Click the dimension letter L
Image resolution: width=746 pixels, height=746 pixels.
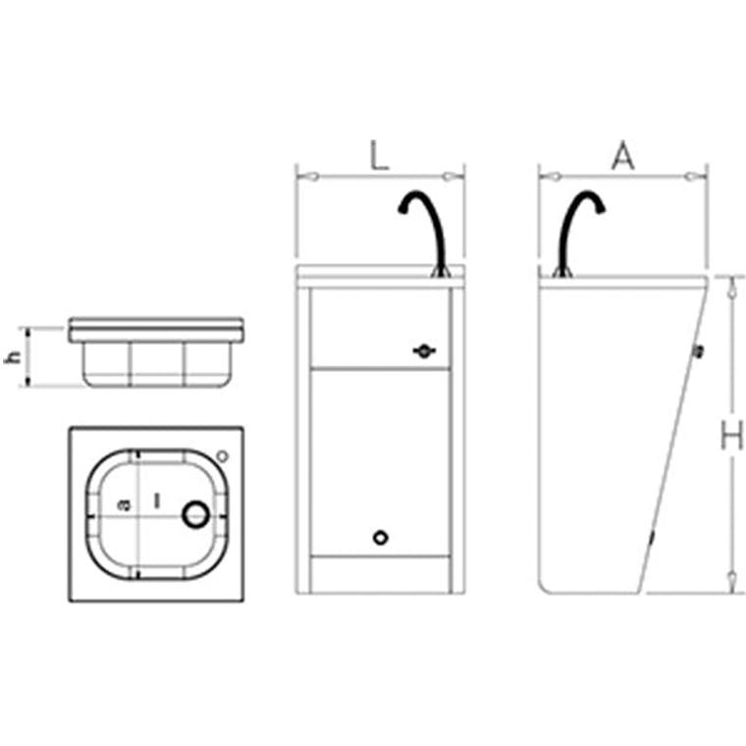click(379, 155)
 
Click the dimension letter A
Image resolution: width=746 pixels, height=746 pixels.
click(622, 155)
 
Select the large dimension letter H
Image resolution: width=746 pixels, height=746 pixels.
click(731, 435)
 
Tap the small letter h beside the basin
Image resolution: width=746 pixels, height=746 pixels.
click(13, 357)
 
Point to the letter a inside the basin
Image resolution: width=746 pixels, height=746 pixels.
click(124, 505)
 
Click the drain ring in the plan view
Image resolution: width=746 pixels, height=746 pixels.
click(196, 514)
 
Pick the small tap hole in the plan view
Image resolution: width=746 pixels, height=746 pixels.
click(222, 456)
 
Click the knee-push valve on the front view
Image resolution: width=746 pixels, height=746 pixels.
click(424, 351)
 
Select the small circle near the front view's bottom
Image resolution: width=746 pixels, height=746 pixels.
click(381, 538)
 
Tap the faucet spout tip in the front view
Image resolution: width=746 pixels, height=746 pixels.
click(402, 210)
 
